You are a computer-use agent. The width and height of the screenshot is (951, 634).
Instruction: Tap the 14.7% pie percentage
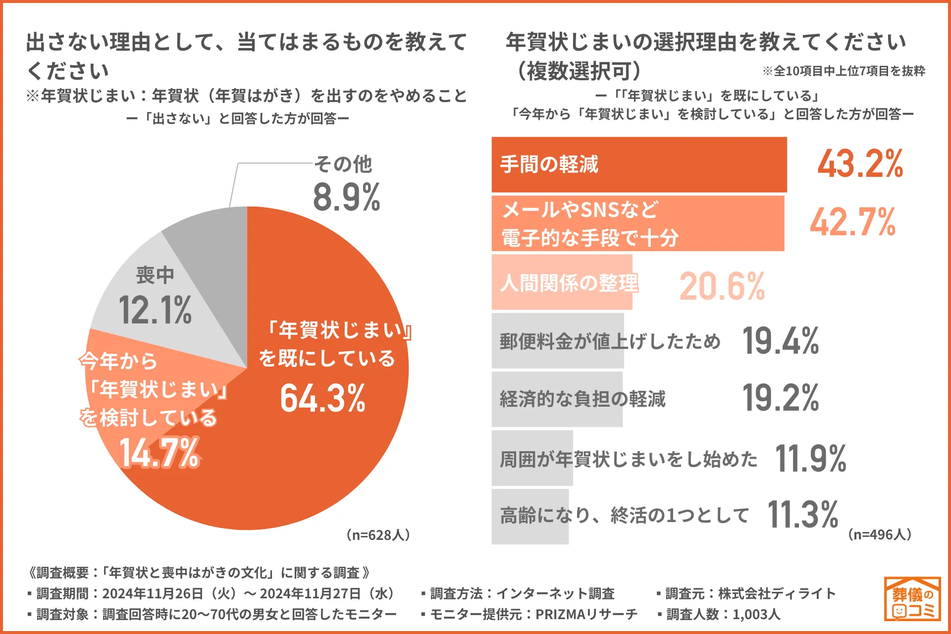click(159, 453)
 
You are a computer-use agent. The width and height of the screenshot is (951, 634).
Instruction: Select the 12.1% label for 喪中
click(155, 311)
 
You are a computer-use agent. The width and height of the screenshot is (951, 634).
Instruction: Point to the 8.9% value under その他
click(346, 197)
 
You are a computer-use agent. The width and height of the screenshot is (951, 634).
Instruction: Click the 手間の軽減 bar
click(639, 164)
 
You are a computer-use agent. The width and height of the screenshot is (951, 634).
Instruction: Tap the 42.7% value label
click(852, 222)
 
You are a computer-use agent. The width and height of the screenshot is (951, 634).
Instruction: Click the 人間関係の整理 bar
click(562, 282)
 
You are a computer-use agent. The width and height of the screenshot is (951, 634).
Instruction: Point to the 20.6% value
click(722, 286)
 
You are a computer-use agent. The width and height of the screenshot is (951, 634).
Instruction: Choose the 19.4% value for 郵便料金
click(780, 341)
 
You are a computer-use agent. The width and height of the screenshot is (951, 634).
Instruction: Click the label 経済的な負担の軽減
click(582, 399)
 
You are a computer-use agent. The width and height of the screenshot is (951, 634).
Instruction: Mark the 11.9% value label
click(810, 458)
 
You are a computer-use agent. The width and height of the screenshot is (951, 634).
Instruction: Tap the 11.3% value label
click(802, 515)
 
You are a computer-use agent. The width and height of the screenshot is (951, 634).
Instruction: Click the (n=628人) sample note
click(378, 535)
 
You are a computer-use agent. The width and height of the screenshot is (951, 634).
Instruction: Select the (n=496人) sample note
click(880, 534)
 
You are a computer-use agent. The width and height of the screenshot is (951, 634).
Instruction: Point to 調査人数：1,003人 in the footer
click(719, 614)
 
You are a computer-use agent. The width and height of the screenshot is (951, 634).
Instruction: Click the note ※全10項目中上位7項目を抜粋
click(844, 71)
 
